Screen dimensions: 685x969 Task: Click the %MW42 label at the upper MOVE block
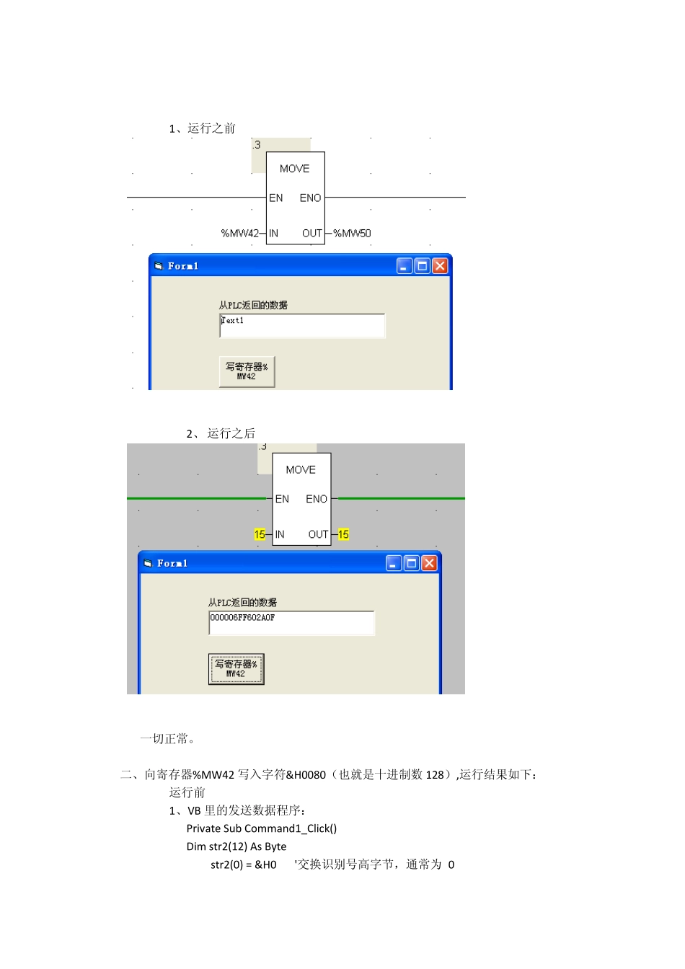click(x=239, y=234)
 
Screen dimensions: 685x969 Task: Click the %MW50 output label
click(x=352, y=234)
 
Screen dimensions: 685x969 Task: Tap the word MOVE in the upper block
click(x=294, y=169)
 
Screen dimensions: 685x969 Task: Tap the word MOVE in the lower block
click(x=301, y=470)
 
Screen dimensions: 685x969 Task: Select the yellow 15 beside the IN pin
click(x=260, y=534)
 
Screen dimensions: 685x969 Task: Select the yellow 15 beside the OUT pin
click(x=343, y=534)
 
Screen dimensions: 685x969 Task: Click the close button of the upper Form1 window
click(x=440, y=266)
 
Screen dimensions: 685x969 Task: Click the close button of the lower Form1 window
click(x=429, y=563)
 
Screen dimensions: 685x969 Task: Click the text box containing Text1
click(x=302, y=326)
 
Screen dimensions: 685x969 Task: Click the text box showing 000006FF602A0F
click(x=291, y=623)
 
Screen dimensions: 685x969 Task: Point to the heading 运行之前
click(x=211, y=128)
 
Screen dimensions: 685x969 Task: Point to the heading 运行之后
click(x=231, y=433)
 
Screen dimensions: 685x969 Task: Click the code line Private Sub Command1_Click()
click(x=262, y=828)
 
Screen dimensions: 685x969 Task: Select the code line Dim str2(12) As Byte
click(x=237, y=846)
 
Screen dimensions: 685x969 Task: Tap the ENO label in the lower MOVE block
click(x=317, y=499)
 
